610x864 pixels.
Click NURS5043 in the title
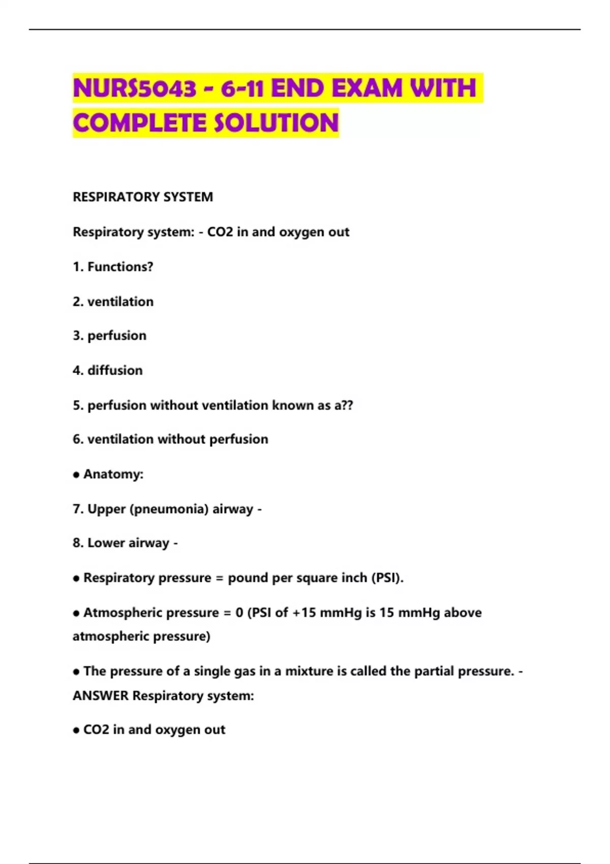[x=135, y=88]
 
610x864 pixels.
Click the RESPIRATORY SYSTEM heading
[x=143, y=197]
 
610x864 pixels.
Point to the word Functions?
[x=120, y=267]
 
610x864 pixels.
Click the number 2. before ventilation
[x=78, y=302]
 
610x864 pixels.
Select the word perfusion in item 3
[x=117, y=336]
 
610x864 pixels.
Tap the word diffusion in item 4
[x=115, y=371]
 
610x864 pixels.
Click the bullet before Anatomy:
[x=76, y=475]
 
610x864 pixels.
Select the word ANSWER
[x=101, y=696]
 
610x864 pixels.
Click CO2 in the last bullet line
[x=96, y=730]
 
